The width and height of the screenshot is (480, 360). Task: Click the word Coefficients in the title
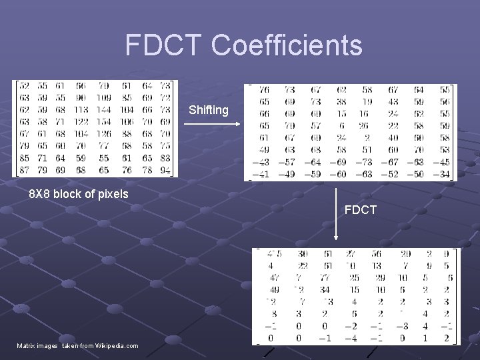287,45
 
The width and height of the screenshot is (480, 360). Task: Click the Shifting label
208,110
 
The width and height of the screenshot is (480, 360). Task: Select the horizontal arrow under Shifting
207,123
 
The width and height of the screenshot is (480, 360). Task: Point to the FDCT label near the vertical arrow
361,210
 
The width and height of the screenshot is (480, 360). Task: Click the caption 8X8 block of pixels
79,194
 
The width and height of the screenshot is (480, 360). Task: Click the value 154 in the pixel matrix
103,122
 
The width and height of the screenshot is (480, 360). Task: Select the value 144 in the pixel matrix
103,110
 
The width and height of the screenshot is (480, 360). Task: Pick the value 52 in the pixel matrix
25,86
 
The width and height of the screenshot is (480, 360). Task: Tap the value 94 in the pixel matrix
165,171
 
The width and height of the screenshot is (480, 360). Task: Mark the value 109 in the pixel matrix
103,98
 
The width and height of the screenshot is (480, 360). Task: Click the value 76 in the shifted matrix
264,90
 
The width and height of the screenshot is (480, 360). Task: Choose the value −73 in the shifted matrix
364,163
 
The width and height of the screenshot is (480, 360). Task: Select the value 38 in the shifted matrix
341,102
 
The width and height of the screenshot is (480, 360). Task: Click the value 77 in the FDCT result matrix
325,277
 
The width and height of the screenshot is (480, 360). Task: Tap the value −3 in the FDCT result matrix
402,326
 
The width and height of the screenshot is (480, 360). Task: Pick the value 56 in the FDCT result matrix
376,253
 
